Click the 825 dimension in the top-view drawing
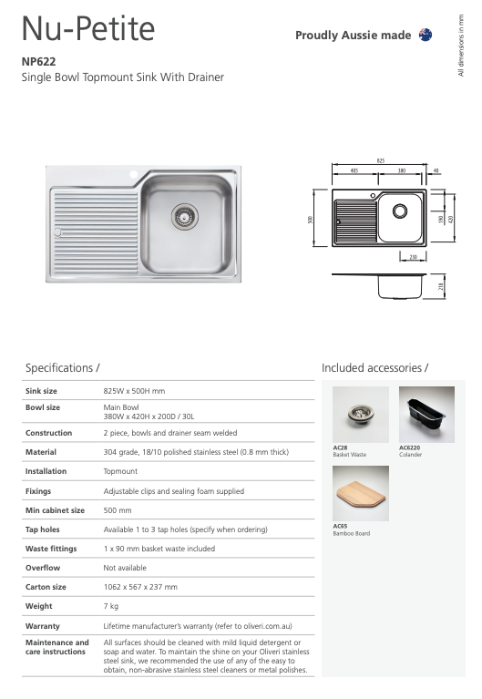click(x=380, y=160)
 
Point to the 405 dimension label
click(x=354, y=170)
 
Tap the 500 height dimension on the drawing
click(x=311, y=220)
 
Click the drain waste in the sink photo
click(x=184, y=215)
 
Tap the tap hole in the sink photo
click(x=133, y=173)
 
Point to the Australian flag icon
click(x=425, y=35)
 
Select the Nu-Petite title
click(x=88, y=29)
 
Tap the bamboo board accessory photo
click(x=360, y=493)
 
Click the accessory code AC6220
click(x=410, y=447)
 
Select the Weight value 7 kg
click(x=111, y=606)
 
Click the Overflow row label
click(x=42, y=568)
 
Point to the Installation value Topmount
click(x=120, y=471)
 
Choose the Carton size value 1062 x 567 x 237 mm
click(x=140, y=587)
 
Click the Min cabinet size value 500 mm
click(x=118, y=510)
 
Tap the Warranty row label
click(x=43, y=626)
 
